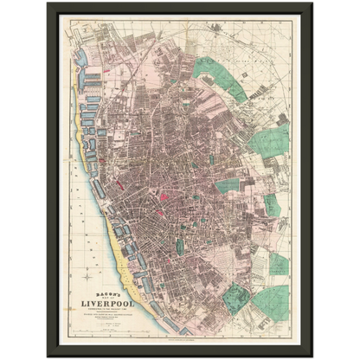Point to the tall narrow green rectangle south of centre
(x=180, y=246)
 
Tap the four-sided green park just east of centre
(x=227, y=185)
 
